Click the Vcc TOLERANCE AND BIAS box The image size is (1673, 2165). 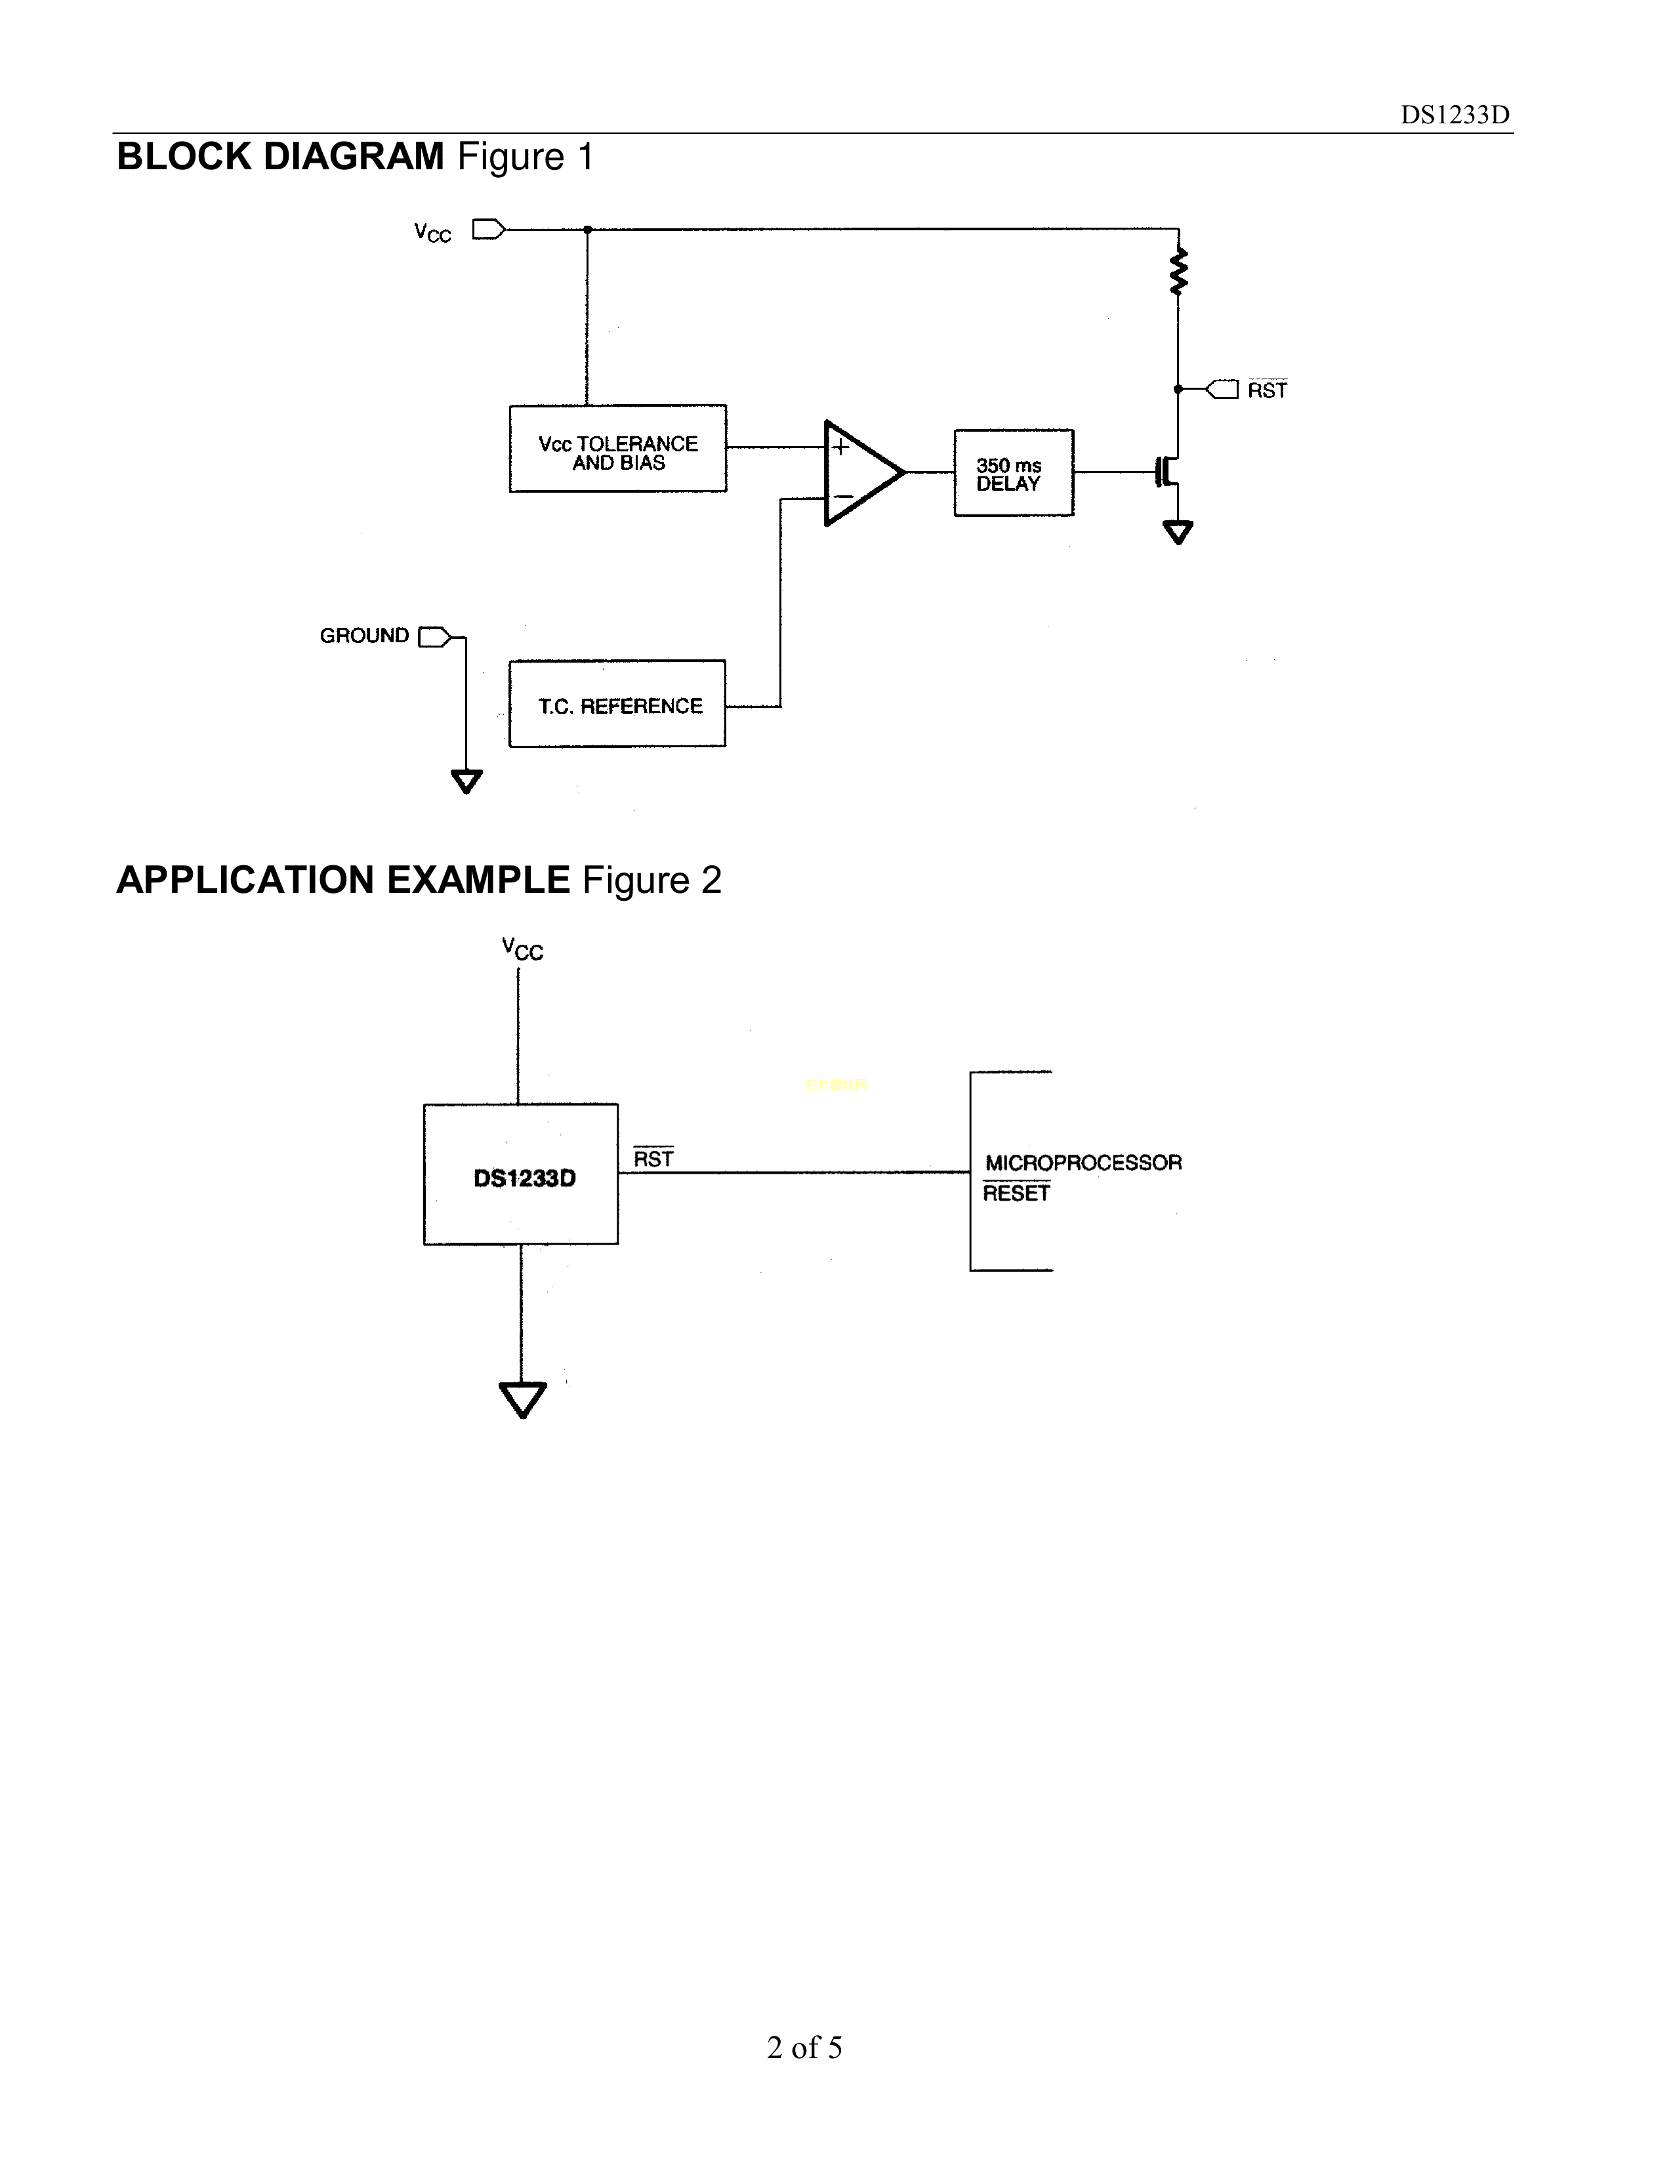click(x=617, y=448)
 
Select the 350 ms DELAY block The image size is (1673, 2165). click(x=1013, y=473)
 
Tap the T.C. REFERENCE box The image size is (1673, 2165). click(x=617, y=704)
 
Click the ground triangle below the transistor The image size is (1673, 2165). click(x=1178, y=533)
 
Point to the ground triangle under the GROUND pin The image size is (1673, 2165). click(x=466, y=781)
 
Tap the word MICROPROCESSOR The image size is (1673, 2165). click(x=1083, y=1163)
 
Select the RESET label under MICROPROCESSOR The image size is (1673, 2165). click(x=1016, y=1193)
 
